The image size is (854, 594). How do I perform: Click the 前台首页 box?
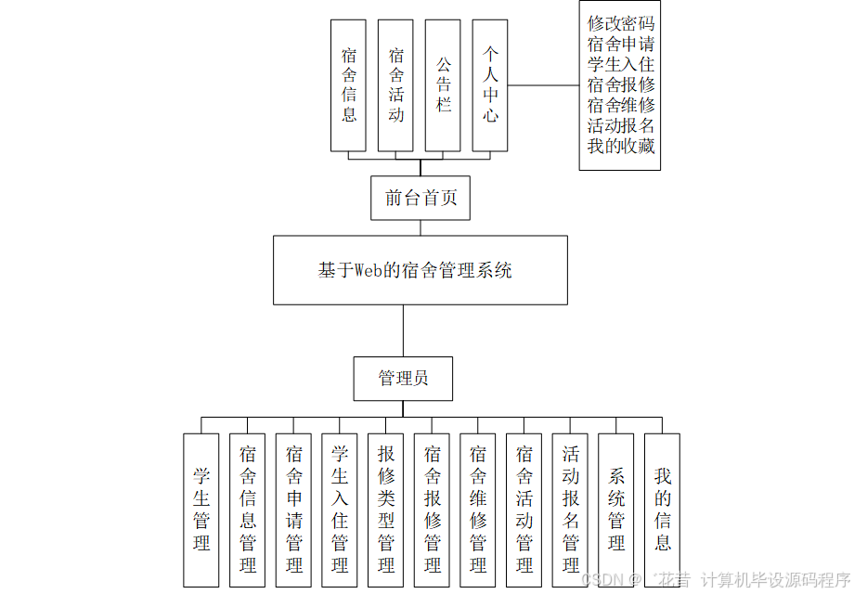[x=420, y=198]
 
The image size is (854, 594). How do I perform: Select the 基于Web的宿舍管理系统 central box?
[x=420, y=270]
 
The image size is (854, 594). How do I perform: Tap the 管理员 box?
[x=403, y=379]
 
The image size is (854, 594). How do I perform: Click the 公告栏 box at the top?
[x=443, y=85]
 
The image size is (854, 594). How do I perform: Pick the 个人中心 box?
[x=489, y=85]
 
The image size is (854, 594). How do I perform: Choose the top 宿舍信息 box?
[x=349, y=85]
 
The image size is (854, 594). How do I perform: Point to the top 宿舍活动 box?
[x=396, y=85]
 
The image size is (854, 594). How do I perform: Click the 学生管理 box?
[x=201, y=510]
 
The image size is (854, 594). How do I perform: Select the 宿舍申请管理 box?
[x=294, y=510]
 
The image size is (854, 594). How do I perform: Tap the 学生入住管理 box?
[x=340, y=510]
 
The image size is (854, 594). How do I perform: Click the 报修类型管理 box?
[x=386, y=510]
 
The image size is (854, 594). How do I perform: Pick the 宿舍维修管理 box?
[x=478, y=510]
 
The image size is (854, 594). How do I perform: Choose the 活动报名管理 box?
[x=570, y=510]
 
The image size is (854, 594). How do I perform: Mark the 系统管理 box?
[x=616, y=510]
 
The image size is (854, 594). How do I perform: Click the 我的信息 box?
[x=662, y=510]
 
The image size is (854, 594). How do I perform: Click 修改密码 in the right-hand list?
[x=620, y=24]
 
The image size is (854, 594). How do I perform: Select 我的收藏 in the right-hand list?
[x=620, y=146]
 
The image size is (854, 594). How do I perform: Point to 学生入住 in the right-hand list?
[x=620, y=65]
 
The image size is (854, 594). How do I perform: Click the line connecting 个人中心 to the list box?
[x=543, y=85]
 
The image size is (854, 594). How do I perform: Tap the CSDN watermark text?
[x=601, y=579]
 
